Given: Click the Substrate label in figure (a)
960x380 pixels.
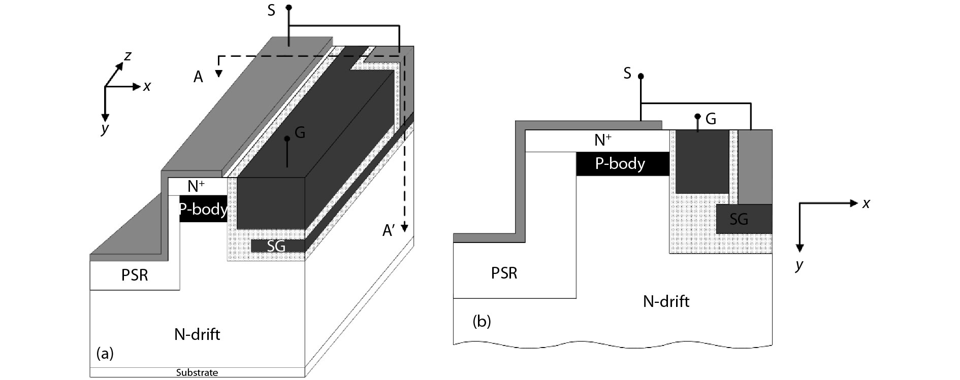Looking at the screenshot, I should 197,372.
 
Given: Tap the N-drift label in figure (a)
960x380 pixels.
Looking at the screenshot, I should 197,334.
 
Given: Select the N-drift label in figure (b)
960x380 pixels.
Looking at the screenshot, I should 666,301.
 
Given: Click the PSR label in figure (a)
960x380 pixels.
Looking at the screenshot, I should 135,275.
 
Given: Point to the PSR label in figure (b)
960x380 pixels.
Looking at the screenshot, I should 504,273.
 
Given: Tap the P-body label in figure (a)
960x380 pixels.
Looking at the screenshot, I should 203,209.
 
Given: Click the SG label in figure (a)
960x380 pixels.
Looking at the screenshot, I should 276,246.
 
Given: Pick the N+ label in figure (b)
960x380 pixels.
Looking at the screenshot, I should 603,140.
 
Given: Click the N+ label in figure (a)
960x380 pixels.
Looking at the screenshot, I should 196,186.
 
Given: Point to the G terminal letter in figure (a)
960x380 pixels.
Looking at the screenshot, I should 300,132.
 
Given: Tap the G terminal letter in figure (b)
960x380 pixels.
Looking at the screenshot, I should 711,119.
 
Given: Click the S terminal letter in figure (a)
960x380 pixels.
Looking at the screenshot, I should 271,11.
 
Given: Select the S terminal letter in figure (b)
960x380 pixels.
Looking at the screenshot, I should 627,74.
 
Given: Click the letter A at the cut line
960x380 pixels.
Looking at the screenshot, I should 198,77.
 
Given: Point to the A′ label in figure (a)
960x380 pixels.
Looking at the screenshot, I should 389,231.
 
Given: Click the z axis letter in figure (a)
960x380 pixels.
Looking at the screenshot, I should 128,56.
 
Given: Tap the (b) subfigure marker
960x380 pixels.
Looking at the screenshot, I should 482,321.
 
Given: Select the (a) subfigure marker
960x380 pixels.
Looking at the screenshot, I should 105,353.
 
